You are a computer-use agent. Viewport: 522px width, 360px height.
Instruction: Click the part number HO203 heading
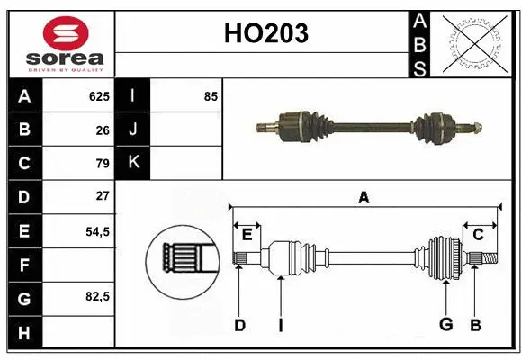click(x=265, y=33)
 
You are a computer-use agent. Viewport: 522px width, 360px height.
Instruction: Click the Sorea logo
click(x=59, y=42)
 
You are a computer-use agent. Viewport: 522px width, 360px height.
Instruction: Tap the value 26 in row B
click(x=102, y=130)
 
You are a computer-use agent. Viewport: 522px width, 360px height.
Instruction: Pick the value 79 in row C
click(x=102, y=163)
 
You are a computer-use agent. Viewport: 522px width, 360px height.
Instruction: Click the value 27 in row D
click(x=102, y=196)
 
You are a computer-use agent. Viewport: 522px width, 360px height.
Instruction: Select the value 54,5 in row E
click(x=97, y=230)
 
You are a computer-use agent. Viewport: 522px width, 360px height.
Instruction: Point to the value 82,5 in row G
click(x=97, y=296)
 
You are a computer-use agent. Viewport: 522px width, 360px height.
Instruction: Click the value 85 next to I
click(x=211, y=96)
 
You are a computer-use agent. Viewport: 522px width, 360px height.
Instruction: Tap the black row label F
click(x=24, y=265)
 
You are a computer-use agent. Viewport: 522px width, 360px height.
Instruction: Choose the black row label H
click(x=24, y=332)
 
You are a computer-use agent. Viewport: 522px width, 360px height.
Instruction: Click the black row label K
click(x=133, y=163)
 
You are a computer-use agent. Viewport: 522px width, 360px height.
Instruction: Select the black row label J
click(x=133, y=130)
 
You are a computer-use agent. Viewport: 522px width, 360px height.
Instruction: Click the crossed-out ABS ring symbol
click(x=474, y=42)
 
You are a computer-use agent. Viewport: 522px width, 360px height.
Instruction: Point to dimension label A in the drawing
click(x=364, y=197)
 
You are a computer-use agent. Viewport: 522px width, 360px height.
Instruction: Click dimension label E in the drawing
click(x=247, y=234)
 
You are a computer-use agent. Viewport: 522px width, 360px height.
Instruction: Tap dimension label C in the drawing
click(x=478, y=234)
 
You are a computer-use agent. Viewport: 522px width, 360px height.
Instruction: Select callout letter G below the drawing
click(x=445, y=325)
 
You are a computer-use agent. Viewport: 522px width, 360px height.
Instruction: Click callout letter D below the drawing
click(x=239, y=325)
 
